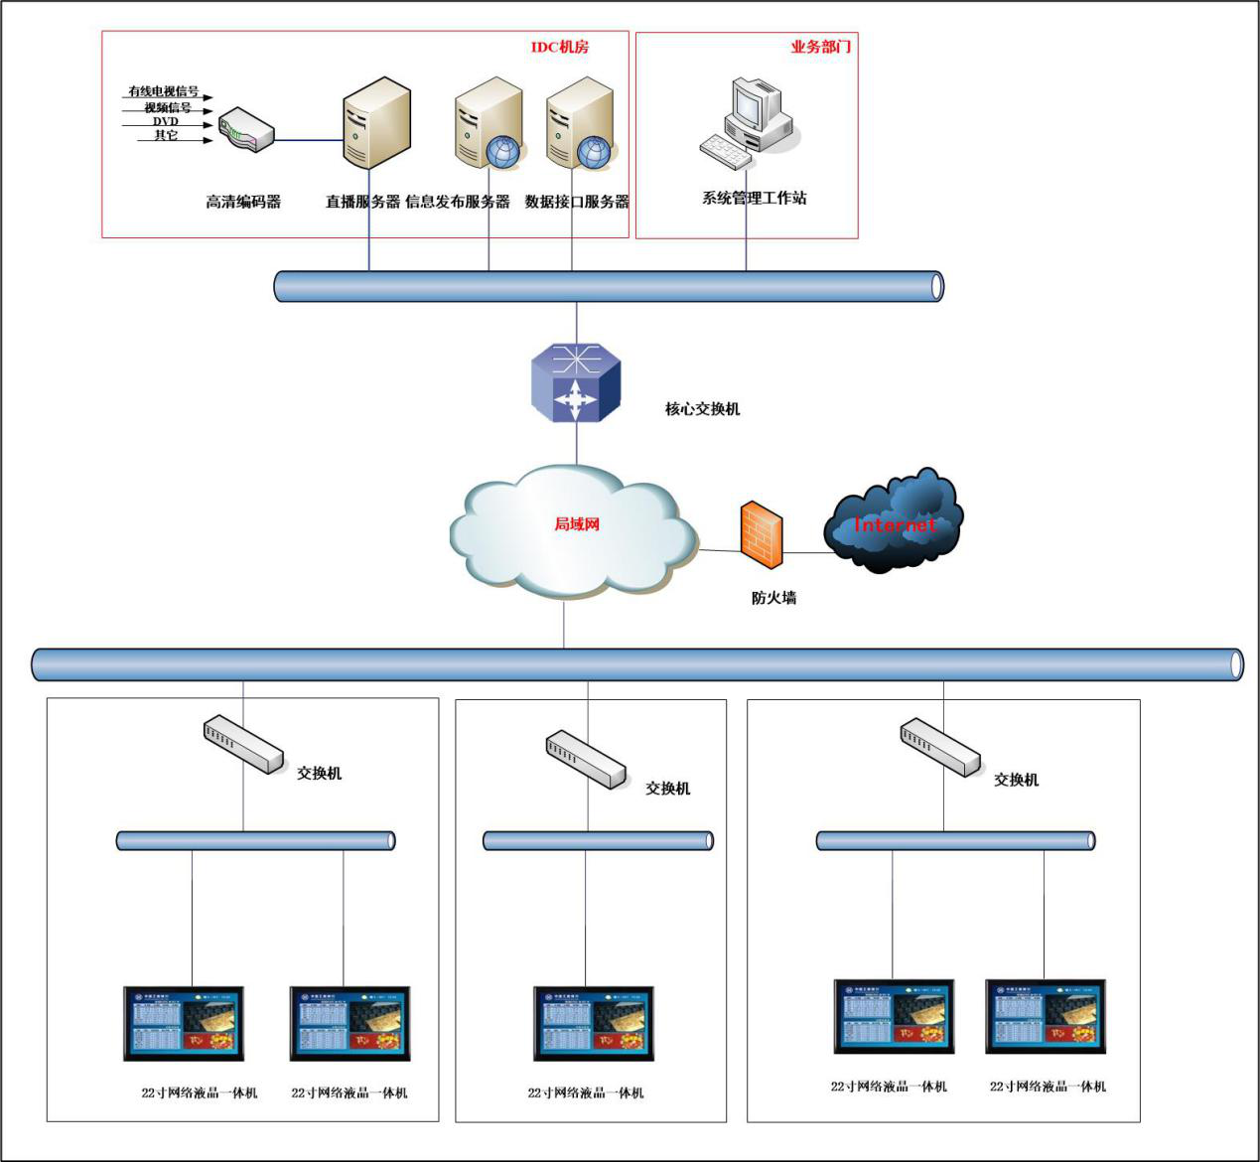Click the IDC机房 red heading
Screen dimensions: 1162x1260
[559, 47]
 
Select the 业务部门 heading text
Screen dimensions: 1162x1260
[820, 47]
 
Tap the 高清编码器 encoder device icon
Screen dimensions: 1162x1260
[246, 130]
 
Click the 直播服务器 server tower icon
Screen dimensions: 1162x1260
[376, 123]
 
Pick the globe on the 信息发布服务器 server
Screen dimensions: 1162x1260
[502, 151]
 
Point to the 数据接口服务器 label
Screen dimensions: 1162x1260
[577, 202]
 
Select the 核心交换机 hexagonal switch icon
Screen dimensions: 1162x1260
[575, 383]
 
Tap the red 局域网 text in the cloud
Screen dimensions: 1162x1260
[577, 523]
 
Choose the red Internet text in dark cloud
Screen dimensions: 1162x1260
[895, 524]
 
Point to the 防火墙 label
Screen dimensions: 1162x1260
[773, 598]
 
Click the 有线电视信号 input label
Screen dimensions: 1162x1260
[164, 91]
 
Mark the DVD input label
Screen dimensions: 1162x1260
[165, 121]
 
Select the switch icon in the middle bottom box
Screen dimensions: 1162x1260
[586, 760]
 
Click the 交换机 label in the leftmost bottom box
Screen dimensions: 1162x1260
[320, 773]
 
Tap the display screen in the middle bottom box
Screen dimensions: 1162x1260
[594, 1024]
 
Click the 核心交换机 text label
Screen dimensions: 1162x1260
[702, 408]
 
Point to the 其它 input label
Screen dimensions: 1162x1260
[166, 135]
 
